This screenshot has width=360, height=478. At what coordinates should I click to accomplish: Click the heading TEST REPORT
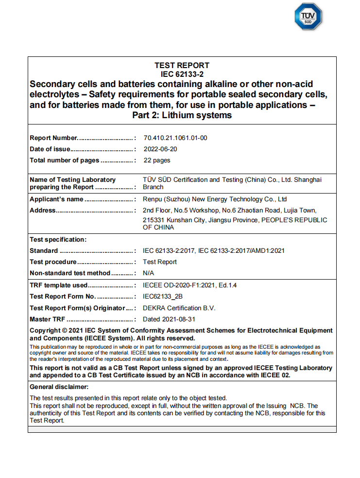coord(182,65)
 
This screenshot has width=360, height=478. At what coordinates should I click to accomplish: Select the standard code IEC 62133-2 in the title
coord(182,74)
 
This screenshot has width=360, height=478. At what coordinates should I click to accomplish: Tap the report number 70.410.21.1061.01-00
coord(175,138)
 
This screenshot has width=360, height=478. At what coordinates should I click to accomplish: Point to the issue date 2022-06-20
coord(160,149)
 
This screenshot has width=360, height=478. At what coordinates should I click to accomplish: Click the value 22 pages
coord(156,160)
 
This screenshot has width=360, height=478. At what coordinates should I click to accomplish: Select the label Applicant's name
coord(56,199)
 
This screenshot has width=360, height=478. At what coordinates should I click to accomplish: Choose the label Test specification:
coord(58,239)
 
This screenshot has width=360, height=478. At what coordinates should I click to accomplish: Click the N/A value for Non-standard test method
coord(148,273)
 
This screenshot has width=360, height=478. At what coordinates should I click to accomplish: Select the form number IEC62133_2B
coord(162,296)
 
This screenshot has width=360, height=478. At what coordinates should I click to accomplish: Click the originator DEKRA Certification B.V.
coord(179,308)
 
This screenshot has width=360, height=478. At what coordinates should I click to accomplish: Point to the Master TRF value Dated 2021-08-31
coord(169,319)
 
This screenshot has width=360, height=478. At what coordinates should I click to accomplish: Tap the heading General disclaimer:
coord(59,387)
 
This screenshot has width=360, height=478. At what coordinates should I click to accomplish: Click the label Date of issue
coord(51,149)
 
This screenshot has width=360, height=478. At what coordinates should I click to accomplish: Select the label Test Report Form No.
coord(63,296)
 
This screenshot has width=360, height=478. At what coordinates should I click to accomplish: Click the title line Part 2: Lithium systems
coord(182,115)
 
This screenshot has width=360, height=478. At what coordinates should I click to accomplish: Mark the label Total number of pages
coord(64,160)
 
